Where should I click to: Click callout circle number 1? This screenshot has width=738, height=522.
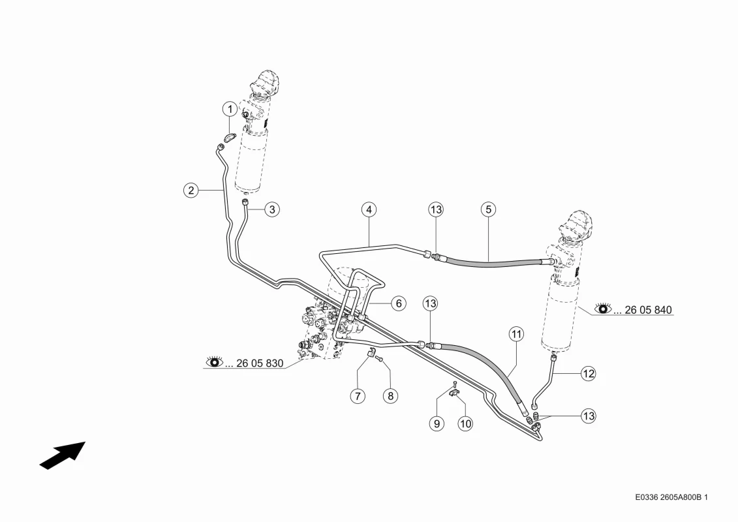point(230,110)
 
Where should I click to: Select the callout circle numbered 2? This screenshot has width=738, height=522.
point(191,190)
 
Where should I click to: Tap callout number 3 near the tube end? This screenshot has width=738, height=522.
point(272,209)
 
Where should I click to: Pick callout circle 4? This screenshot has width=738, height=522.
point(369,209)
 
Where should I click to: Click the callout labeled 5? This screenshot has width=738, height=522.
point(489,209)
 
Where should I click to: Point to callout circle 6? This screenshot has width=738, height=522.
point(399,303)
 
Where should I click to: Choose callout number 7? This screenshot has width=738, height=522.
point(358,396)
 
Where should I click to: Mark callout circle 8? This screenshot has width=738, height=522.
point(391,396)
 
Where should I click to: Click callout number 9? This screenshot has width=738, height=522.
point(437,423)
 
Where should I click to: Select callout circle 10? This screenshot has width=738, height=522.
point(465,423)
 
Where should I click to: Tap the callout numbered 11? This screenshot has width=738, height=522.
point(516,334)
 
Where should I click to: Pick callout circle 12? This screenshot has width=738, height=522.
point(589,374)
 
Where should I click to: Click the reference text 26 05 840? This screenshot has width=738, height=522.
point(648,310)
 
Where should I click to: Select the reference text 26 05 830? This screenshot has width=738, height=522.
point(260,363)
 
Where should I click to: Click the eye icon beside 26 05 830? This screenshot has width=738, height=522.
point(215,361)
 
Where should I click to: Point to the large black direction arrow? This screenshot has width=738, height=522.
point(62,455)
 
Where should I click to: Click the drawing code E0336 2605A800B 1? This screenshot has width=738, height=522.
point(671,497)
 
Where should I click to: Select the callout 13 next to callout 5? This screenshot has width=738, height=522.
point(436,209)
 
